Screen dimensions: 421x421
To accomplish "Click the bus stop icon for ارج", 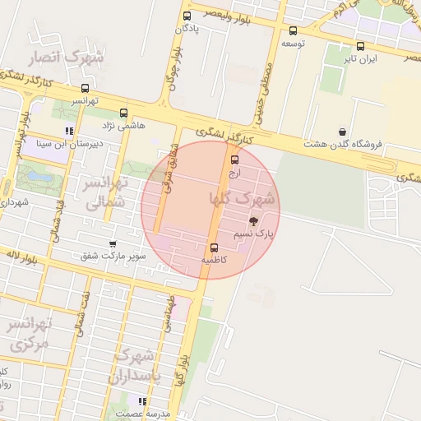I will tap(235, 160).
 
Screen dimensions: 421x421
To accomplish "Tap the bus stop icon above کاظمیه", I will tap(215, 248).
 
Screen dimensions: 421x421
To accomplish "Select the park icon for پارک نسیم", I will tap(253, 221).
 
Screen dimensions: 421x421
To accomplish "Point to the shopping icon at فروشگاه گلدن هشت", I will tap(342, 132).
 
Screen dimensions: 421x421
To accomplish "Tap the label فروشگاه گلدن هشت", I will tap(344, 144).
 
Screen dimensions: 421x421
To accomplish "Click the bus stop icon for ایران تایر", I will tap(360, 46).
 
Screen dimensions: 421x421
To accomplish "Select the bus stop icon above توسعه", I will tap(294, 30).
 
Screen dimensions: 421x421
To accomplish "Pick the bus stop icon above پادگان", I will tap(187, 16).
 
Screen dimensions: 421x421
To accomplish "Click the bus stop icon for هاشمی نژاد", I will tap(123, 113).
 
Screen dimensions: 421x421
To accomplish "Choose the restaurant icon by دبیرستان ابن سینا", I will tap(69, 131).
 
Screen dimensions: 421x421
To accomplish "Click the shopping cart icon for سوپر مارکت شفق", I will tap(113, 244).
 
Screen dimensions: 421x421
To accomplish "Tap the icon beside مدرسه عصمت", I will tap(142, 401).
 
